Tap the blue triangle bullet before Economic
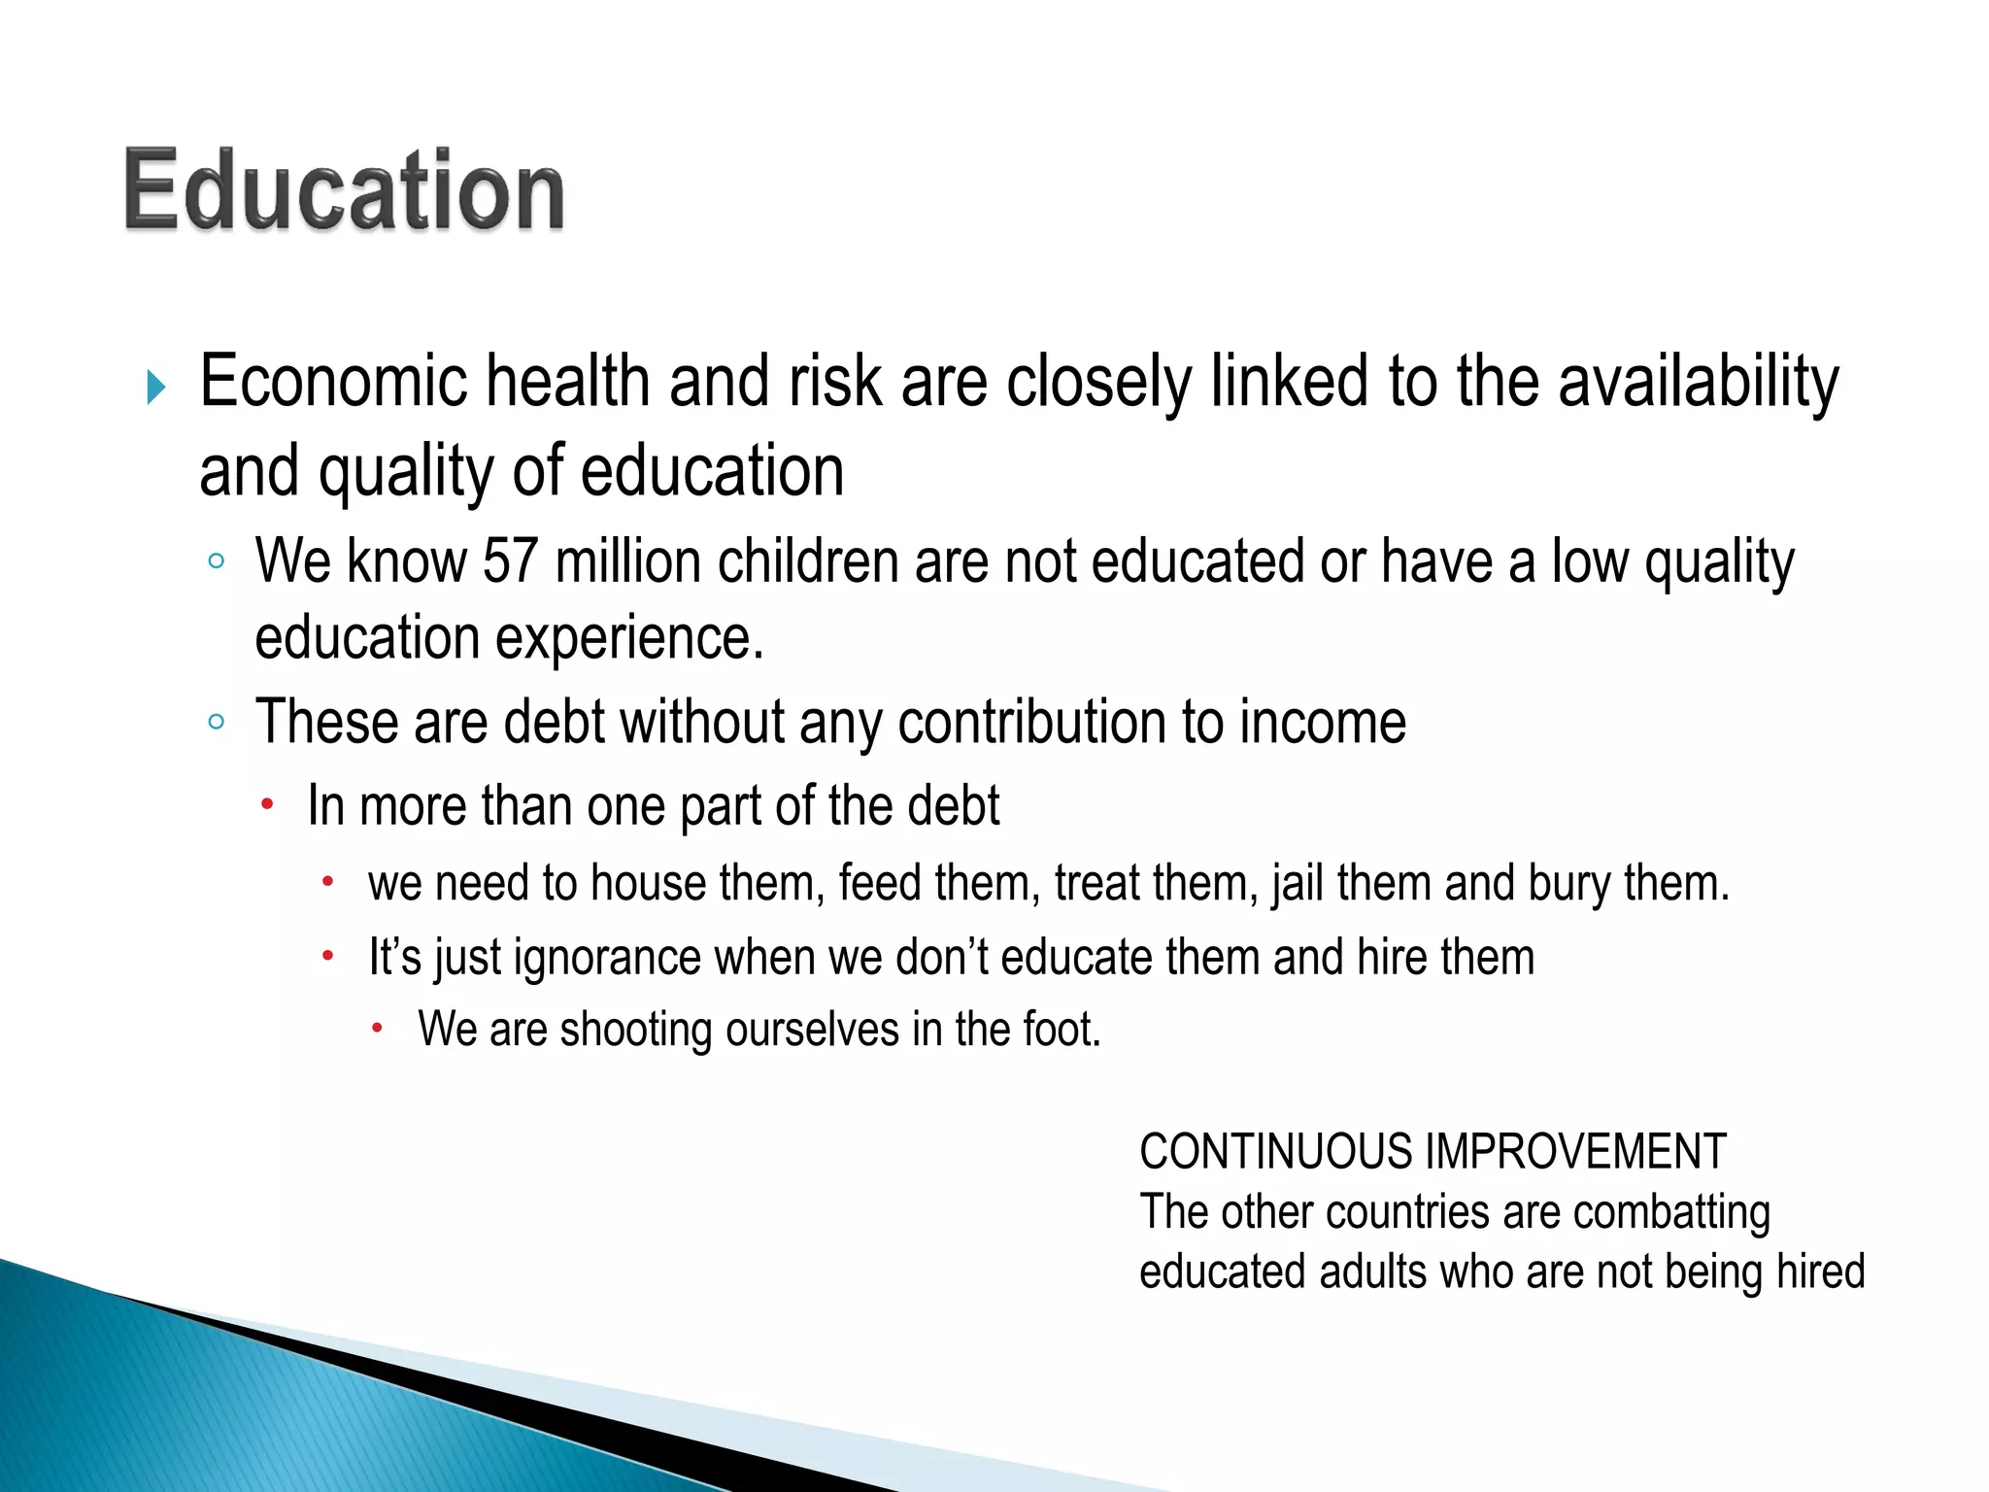tap(155, 387)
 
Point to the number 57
tap(510, 561)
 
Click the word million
tap(627, 561)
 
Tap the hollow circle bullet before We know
tap(216, 561)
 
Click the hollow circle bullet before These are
tap(216, 722)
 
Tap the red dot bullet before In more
tap(267, 804)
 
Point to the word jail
tap(1298, 884)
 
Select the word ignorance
tap(607, 958)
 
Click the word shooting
tap(636, 1031)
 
